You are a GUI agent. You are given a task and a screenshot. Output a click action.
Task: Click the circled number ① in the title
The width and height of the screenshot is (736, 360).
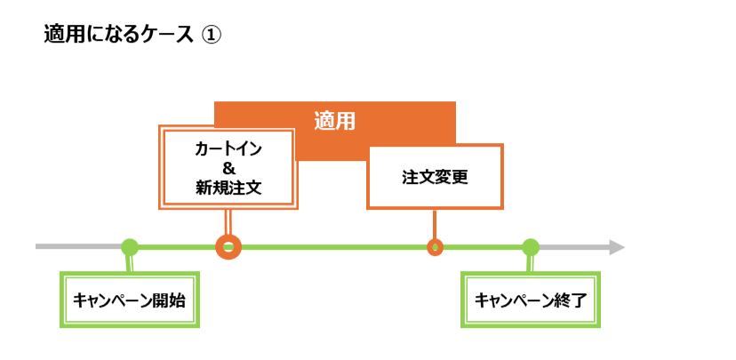(x=211, y=35)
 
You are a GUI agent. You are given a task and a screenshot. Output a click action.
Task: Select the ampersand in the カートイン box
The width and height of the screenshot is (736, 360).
(x=228, y=168)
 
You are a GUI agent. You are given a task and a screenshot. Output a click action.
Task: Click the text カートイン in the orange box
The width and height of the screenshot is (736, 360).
(x=228, y=148)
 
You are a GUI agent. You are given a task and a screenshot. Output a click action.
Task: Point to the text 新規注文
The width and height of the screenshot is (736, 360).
(x=228, y=188)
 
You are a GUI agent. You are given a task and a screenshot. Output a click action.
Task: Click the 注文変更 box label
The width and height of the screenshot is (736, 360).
(x=435, y=176)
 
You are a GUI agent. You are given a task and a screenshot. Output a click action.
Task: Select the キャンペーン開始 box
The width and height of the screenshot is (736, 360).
(x=130, y=300)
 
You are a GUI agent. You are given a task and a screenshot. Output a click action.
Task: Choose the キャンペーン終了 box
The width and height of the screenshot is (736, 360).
(x=531, y=300)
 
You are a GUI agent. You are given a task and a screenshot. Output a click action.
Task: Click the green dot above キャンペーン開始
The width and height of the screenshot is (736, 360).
(x=130, y=247)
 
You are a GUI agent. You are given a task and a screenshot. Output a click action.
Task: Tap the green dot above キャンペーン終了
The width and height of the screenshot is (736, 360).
(x=531, y=247)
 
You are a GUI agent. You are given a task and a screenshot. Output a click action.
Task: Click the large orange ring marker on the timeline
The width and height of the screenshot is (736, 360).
(x=228, y=247)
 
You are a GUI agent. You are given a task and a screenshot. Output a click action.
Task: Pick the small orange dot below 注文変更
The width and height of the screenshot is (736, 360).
(x=435, y=247)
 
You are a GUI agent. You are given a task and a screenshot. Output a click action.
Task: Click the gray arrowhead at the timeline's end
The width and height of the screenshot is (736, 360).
(x=617, y=247)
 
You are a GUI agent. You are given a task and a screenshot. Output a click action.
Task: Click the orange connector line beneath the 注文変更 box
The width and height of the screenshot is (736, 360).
(x=435, y=224)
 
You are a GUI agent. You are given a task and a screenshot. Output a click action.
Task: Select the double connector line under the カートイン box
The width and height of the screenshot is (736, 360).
(x=228, y=222)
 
